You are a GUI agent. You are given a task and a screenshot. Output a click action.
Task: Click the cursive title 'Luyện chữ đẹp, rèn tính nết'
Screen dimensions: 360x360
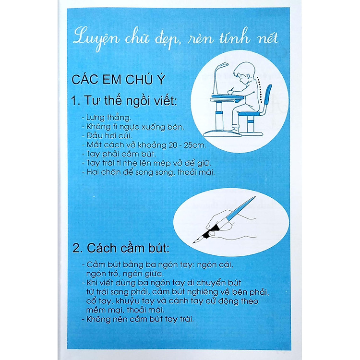coord(176,38)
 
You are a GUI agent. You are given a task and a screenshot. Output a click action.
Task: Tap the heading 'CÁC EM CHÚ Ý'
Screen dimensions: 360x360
coord(119,79)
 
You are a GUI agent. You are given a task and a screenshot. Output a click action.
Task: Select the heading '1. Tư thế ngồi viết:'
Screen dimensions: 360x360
coord(124,101)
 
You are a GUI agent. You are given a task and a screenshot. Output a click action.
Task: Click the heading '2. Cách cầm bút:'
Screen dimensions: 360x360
coord(121,248)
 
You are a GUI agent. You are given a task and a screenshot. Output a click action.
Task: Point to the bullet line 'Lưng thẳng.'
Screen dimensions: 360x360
coord(107,118)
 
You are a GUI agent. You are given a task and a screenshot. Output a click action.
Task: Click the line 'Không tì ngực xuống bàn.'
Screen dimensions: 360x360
coord(133,127)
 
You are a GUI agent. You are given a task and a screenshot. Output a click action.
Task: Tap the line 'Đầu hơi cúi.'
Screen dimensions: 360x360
coord(107,136)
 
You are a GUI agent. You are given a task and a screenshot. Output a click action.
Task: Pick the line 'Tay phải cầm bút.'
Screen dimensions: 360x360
coord(119,154)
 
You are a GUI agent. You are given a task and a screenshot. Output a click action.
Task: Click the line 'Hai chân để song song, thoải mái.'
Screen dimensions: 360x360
coord(148,172)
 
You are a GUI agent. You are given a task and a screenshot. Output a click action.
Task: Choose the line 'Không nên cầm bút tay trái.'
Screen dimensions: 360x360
coord(138,319)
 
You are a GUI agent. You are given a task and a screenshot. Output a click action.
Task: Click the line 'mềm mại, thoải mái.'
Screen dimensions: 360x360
coord(125,310)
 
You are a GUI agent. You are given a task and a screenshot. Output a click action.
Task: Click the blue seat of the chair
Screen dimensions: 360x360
coord(250,114)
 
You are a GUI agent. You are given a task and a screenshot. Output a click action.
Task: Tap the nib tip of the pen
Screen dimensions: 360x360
coord(193,242)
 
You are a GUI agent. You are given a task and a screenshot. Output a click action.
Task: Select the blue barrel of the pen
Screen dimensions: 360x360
coord(240,208)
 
